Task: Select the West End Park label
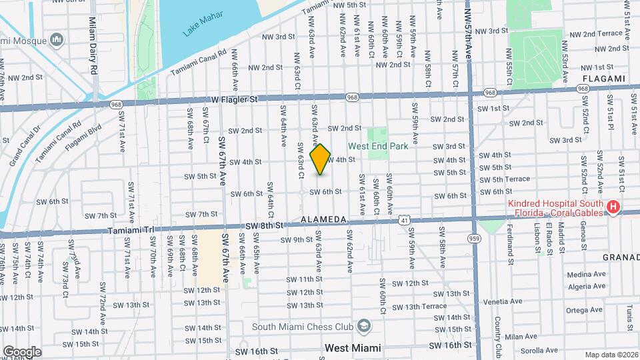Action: (x=377, y=147)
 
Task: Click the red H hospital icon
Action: (x=613, y=208)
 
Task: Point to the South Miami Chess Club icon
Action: (x=364, y=326)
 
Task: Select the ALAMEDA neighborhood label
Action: (x=324, y=219)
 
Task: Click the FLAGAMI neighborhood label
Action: (x=603, y=79)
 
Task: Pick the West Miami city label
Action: (x=353, y=348)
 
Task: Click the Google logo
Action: (x=21, y=351)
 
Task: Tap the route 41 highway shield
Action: (x=405, y=219)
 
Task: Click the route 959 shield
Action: (x=474, y=238)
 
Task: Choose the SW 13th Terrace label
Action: (x=419, y=307)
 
